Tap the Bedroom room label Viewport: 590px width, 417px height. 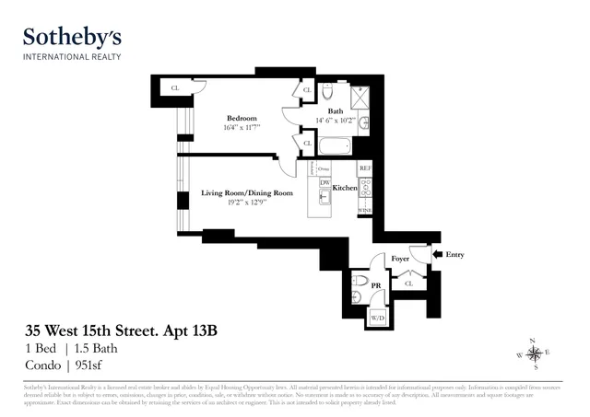tap(242, 118)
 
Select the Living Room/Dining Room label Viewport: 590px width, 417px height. tap(247, 192)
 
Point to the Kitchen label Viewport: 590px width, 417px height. tap(345, 187)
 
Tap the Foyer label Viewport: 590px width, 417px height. tap(400, 260)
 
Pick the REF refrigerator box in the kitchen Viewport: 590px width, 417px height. tap(364, 168)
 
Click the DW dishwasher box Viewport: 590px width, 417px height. tap(324, 182)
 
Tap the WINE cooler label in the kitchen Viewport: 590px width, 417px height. tap(364, 211)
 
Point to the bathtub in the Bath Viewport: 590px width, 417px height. tap(333, 145)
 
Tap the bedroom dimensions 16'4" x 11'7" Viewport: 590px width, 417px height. tap(242, 128)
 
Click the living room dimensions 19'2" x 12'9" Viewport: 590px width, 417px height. tap(247, 203)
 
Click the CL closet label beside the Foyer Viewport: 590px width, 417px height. tap(408, 284)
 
